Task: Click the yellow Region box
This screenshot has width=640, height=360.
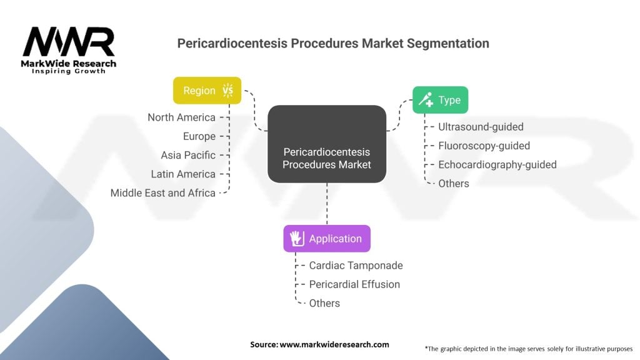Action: point(207,90)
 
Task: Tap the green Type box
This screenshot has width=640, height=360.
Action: point(440,99)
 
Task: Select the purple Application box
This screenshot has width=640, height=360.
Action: point(327,238)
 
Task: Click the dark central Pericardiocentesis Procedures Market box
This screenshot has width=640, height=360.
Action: point(327,144)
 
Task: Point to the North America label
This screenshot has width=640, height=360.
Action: point(181,117)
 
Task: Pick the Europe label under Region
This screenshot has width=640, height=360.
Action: point(199,136)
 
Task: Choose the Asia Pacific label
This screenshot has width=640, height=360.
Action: point(187,155)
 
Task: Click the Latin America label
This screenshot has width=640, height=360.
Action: point(183,174)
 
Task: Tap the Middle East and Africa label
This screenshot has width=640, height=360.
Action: point(163,193)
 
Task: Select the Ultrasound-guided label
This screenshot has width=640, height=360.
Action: point(481,127)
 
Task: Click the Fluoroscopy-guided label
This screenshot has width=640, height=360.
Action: point(484,146)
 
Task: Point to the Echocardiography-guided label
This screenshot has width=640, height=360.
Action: point(497,164)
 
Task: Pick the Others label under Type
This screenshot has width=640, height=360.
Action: point(454,184)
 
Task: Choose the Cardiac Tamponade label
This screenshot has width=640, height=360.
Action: point(356,266)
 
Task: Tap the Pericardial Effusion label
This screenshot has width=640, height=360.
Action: point(354,284)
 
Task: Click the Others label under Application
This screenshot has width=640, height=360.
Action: point(324,303)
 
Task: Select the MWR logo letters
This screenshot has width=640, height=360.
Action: point(69,42)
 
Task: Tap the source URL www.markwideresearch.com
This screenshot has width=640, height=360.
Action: point(334,344)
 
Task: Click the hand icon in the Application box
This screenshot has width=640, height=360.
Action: point(297,238)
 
